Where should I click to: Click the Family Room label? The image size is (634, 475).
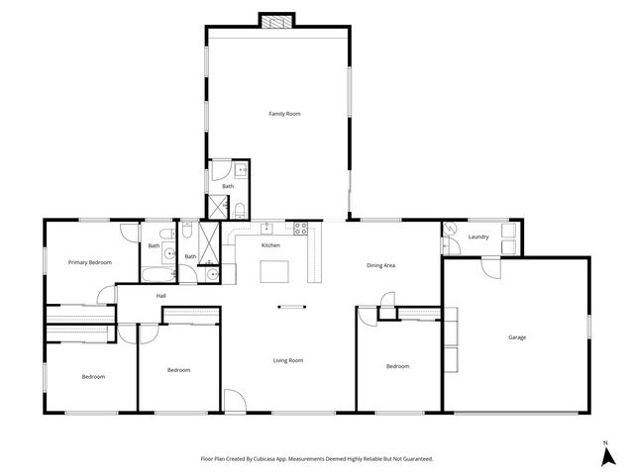coord(284,114)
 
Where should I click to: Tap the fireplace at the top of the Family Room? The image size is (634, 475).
coord(277,20)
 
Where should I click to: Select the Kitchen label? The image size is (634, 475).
coord(270,245)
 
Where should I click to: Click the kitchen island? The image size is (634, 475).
coord(276,271)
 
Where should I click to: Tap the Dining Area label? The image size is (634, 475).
coord(381,265)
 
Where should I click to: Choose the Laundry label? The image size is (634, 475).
coord(478,237)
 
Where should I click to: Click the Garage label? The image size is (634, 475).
coord(517,337)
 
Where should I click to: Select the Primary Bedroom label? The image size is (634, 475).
coord(89,262)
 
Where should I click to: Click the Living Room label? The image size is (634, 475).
coord(288,360)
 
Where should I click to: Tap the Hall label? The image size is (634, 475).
coord(160,296)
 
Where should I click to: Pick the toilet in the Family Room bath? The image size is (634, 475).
coord(241,208)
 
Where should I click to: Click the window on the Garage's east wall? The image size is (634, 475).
coord(588,324)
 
